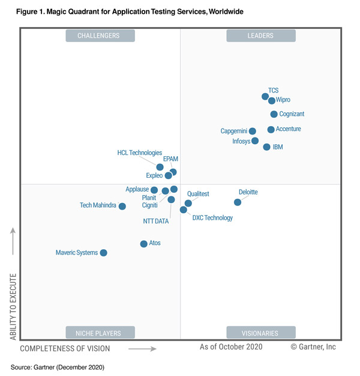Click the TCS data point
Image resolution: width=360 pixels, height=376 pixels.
pyautogui.click(x=265, y=96)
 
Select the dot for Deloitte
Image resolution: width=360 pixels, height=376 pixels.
pyautogui.click(x=238, y=202)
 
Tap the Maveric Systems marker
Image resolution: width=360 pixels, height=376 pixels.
pyautogui.click(x=103, y=253)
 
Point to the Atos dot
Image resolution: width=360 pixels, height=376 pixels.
pyautogui.click(x=143, y=244)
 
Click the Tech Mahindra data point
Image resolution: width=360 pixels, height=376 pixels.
pyautogui.click(x=122, y=206)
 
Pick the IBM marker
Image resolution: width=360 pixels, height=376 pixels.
pyautogui.click(x=266, y=147)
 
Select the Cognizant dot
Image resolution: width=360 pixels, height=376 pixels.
pyautogui.click(x=274, y=114)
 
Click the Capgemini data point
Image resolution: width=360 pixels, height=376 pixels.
pyautogui.click(x=253, y=131)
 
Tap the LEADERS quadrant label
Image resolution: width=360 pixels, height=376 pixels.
pyautogui.click(x=261, y=36)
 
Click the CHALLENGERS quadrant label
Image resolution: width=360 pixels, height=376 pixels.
pyautogui.click(x=100, y=36)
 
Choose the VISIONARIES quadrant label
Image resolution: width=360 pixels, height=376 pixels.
pyautogui.click(x=261, y=333)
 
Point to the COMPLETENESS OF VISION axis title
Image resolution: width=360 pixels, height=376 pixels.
pyautogui.click(x=65, y=348)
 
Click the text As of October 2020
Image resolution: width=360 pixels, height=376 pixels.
pyautogui.click(x=232, y=347)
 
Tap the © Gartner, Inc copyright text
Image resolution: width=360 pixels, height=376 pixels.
pyautogui.click(x=313, y=347)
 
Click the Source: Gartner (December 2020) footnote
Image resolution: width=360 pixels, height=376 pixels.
pyautogui.click(x=58, y=366)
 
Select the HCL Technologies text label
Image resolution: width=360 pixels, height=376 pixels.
pyautogui.click(x=140, y=153)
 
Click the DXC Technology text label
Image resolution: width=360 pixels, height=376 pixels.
pyautogui.click(x=212, y=218)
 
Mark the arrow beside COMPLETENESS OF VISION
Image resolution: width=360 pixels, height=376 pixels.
pyautogui.click(x=142, y=348)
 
